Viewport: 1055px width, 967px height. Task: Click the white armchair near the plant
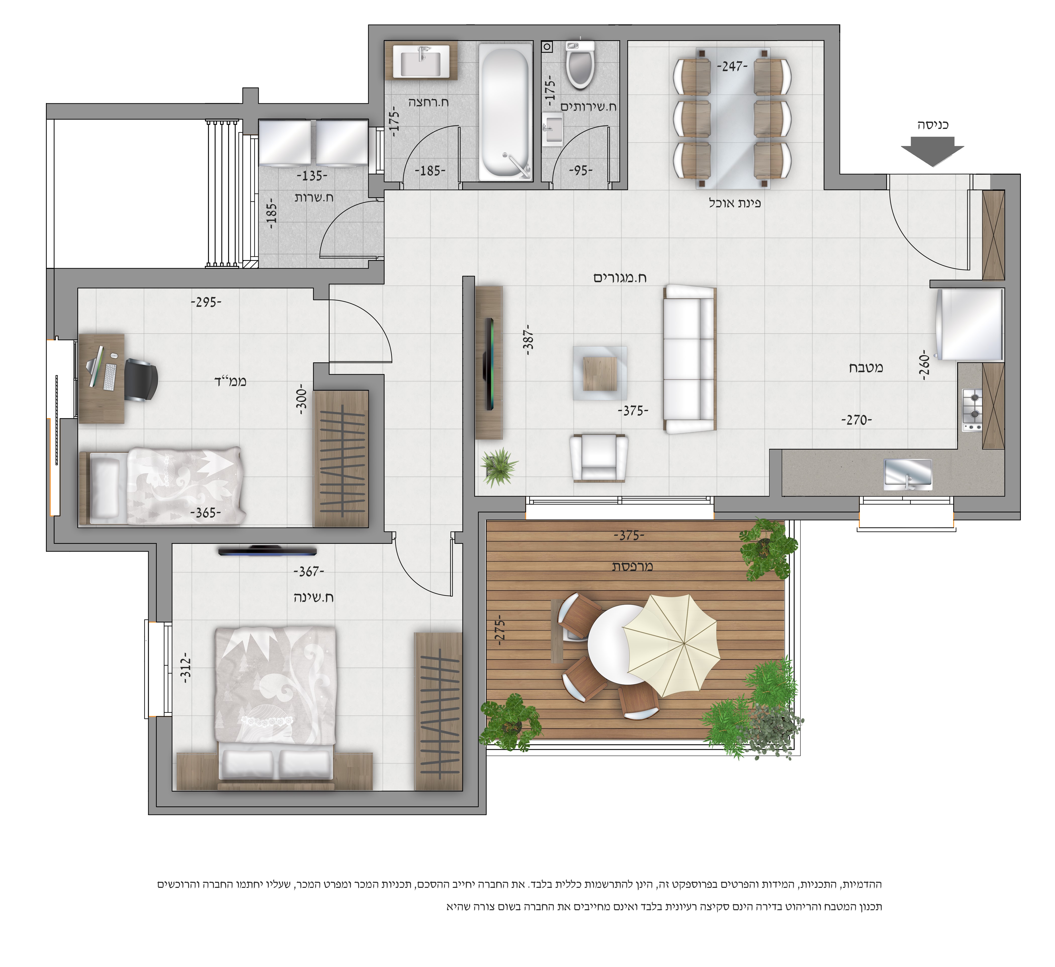599,457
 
